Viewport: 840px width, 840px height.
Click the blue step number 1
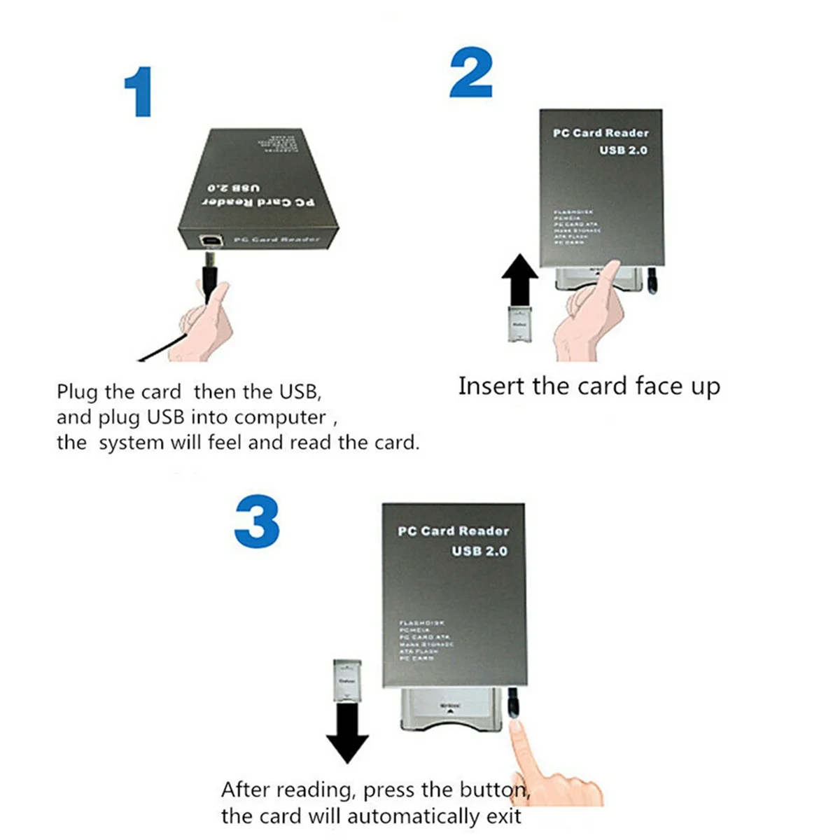(139, 92)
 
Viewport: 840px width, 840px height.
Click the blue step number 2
(470, 74)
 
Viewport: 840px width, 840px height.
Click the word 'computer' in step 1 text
(279, 418)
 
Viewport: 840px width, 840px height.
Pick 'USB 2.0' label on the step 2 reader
(622, 150)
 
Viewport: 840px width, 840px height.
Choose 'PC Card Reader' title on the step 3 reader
(453, 531)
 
